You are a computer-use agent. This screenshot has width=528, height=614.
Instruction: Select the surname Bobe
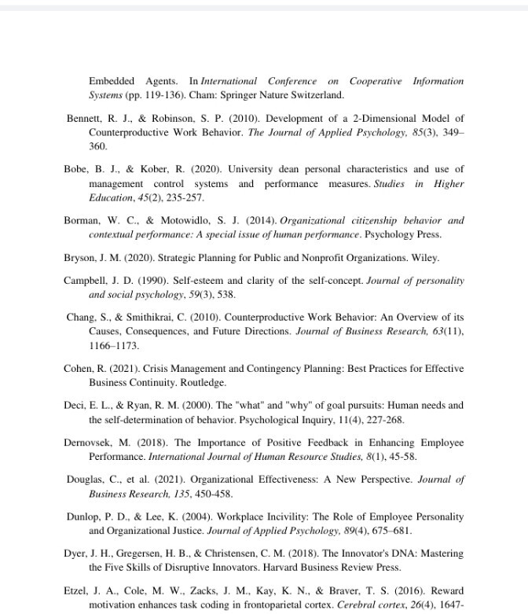75,169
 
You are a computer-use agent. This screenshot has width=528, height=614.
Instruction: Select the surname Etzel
75,590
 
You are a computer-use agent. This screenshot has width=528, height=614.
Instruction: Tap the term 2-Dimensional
376,119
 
